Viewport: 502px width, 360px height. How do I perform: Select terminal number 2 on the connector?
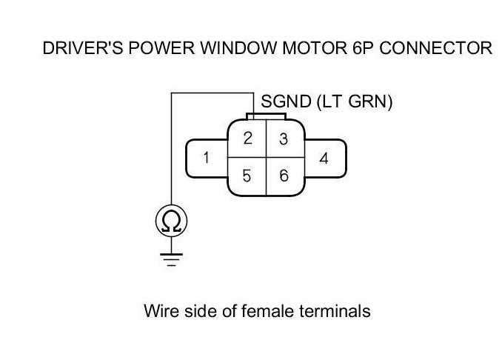(248, 138)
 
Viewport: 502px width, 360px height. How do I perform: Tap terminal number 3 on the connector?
(283, 139)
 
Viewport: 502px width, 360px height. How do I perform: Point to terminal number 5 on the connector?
(248, 176)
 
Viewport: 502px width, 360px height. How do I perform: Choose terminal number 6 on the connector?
(283, 176)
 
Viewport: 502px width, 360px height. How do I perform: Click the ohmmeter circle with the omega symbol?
(171, 220)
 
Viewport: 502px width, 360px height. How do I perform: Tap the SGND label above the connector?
(285, 102)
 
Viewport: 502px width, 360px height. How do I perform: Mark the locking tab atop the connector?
(266, 116)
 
